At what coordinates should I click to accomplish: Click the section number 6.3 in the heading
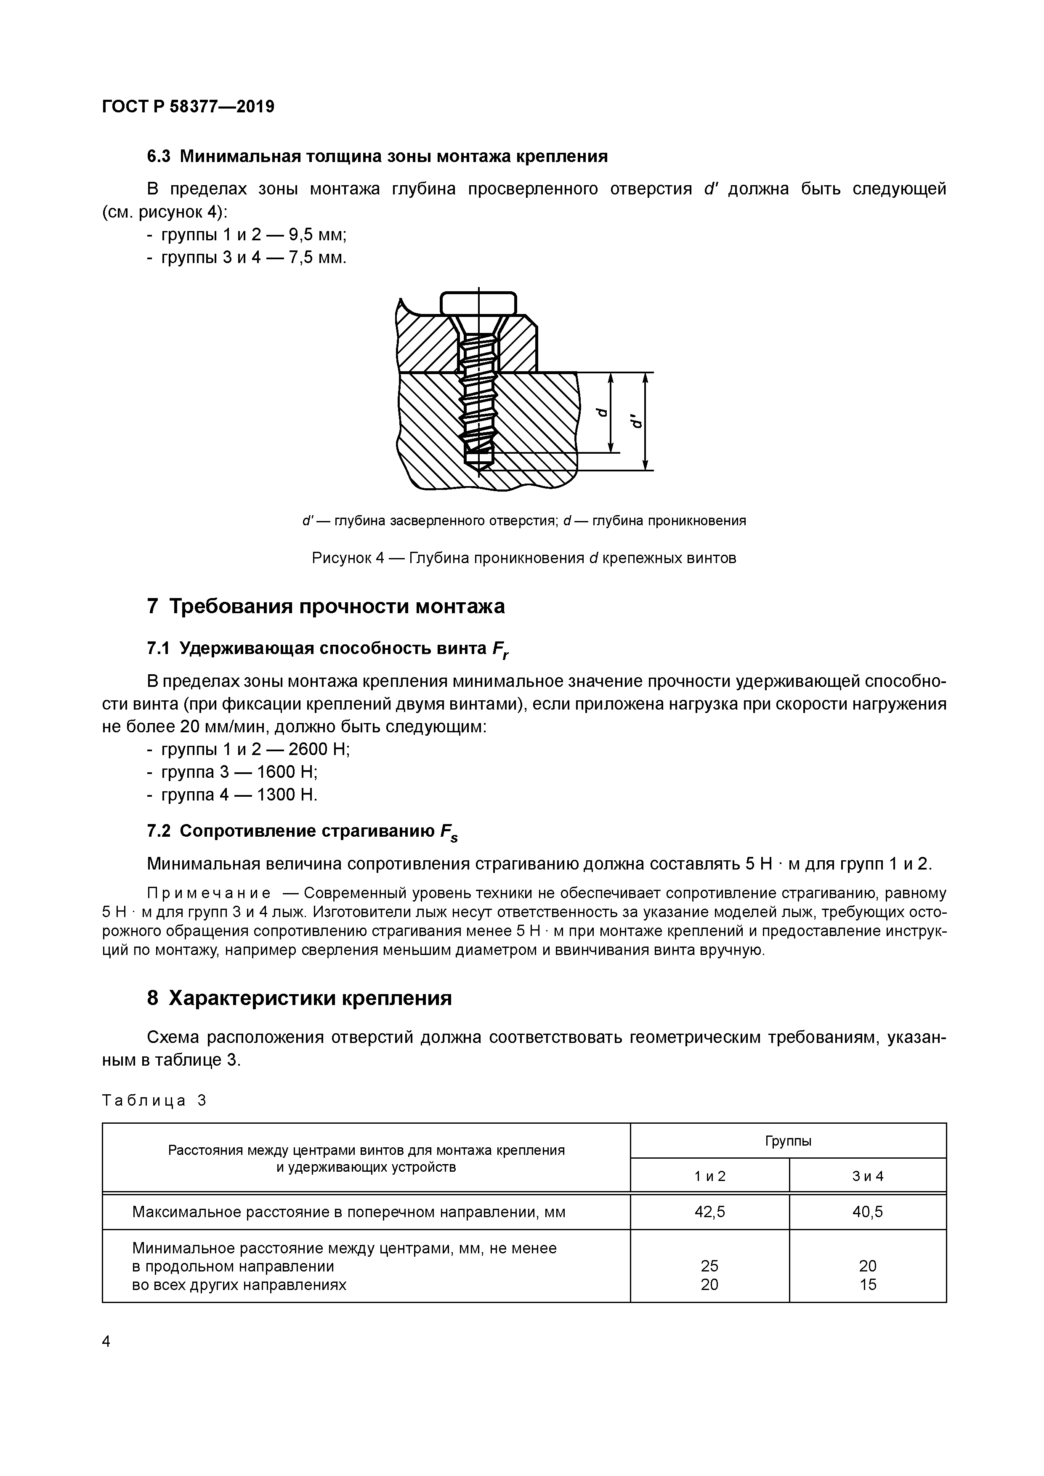tap(159, 156)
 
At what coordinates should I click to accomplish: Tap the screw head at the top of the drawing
tap(478, 303)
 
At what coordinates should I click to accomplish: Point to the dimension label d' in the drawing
tap(636, 421)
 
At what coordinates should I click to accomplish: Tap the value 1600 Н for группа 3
tap(287, 772)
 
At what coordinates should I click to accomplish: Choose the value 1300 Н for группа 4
tap(287, 795)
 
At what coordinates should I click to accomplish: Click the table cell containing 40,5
tap(867, 1212)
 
